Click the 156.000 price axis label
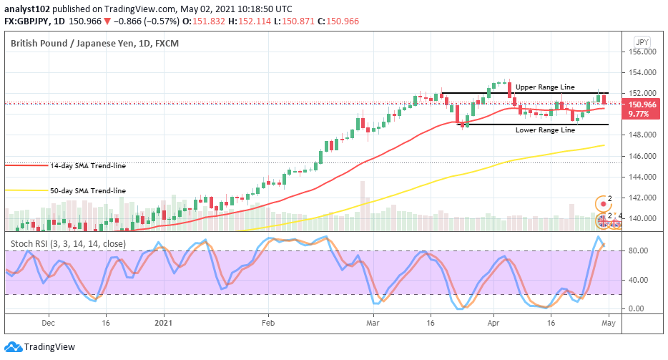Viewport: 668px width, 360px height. [x=642, y=52]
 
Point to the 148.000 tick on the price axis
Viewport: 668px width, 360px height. [x=642, y=135]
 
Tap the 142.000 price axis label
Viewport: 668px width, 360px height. [x=642, y=198]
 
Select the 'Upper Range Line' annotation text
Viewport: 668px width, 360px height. [x=545, y=87]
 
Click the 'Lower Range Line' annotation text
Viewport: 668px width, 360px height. [x=545, y=130]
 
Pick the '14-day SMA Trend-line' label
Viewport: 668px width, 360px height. [x=87, y=165]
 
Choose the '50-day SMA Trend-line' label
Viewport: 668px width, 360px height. [x=87, y=191]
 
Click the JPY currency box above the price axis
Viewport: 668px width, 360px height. [x=642, y=42]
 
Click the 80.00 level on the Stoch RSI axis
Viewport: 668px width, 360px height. [x=637, y=251]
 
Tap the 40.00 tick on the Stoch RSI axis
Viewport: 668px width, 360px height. [x=637, y=280]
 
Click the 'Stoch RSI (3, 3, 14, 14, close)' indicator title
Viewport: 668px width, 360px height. [x=68, y=243]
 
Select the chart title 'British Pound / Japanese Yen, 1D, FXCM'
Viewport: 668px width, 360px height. [x=94, y=44]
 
